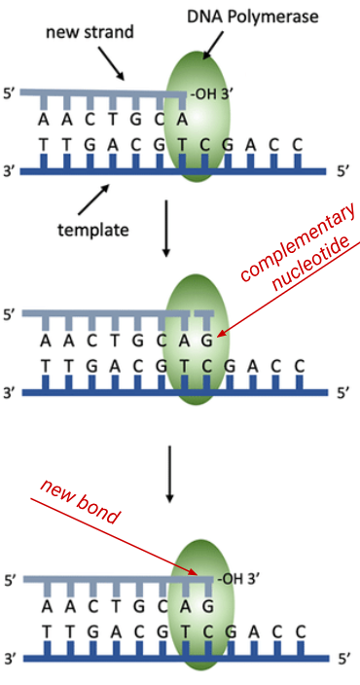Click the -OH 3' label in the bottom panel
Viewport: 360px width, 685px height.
tap(237, 580)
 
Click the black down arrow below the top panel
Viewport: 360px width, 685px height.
tap(166, 230)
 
